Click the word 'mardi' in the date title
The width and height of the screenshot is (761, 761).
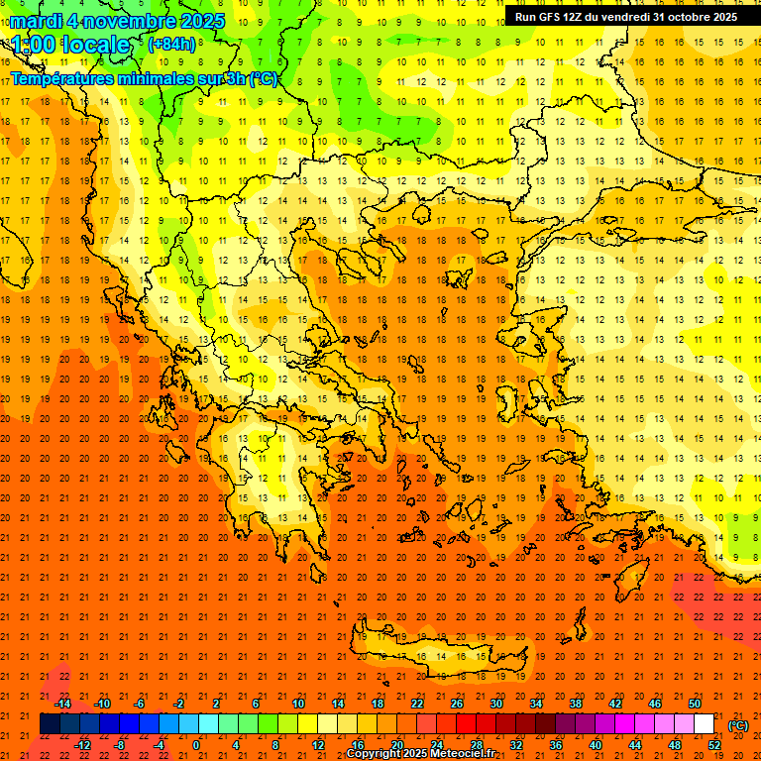click(37, 21)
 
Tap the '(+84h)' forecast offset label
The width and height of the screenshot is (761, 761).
click(171, 44)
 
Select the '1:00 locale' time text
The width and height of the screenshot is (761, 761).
click(70, 45)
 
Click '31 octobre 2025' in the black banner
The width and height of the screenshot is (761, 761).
click(695, 17)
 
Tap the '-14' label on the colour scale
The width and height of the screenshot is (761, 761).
click(62, 703)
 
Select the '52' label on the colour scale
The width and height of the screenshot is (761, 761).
click(714, 744)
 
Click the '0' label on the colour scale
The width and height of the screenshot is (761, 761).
click(196, 744)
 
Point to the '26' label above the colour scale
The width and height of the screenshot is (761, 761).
click(457, 703)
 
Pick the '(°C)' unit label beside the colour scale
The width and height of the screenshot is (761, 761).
click(738, 725)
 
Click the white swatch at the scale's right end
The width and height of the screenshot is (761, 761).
click(704, 724)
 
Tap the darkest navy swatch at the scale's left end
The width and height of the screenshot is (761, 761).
click(50, 724)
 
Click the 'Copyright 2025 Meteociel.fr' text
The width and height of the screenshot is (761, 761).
click(434, 754)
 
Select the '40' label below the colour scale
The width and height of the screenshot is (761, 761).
click(595, 744)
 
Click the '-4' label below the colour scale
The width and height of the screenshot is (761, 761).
click(158, 744)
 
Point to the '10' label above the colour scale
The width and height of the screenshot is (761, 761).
click(298, 703)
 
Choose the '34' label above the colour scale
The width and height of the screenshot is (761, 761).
click(536, 703)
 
